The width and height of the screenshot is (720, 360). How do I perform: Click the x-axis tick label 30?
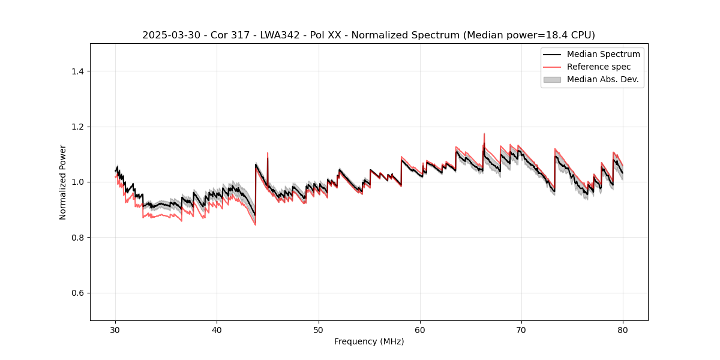[x=116, y=330]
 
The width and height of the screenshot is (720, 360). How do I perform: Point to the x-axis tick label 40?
[x=217, y=330]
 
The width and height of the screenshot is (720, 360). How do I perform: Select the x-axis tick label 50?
[x=319, y=330]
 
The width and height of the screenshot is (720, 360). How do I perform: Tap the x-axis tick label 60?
[x=420, y=330]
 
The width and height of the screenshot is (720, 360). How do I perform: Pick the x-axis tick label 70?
[x=521, y=330]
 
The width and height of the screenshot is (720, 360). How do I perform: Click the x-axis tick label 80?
[x=623, y=330]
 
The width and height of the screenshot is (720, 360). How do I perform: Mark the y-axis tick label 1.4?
[x=77, y=71]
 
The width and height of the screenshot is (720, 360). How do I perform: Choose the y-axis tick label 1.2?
[x=77, y=127]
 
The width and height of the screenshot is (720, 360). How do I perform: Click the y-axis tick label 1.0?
[x=77, y=182]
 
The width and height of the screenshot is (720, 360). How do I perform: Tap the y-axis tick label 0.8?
[x=77, y=238]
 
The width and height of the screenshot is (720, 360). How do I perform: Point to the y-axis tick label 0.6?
[x=77, y=293]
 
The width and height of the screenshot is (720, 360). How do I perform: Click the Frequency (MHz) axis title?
[x=369, y=341]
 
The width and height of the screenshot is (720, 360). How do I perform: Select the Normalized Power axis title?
[x=63, y=182]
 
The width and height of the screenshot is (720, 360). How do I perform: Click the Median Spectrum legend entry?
[x=603, y=54]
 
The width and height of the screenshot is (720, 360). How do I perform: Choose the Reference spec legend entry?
[x=598, y=67]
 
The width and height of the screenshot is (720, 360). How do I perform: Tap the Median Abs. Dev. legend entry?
[x=602, y=79]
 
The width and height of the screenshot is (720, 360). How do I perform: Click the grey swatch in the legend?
[x=552, y=79]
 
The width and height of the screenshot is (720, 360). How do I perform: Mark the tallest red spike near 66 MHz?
[x=484, y=134]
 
